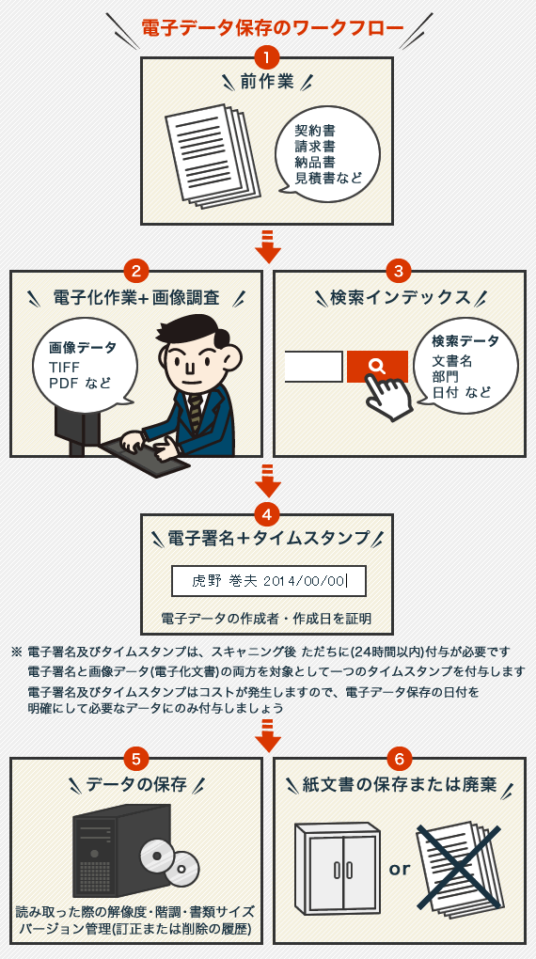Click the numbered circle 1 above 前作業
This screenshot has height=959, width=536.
[267, 58]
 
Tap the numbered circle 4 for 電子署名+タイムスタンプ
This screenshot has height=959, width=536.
[267, 514]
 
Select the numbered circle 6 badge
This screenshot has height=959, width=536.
[399, 759]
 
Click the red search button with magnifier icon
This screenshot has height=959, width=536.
[377, 367]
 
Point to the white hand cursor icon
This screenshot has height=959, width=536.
[388, 396]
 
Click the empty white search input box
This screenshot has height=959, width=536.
[313, 367]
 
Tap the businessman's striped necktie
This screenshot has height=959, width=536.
[195, 413]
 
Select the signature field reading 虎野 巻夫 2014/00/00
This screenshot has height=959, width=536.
[269, 581]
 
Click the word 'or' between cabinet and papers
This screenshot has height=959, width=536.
[399, 869]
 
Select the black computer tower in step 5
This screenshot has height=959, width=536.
[121, 850]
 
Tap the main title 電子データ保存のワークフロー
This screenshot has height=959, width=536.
[273, 28]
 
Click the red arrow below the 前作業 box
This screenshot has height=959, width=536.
[267, 246]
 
